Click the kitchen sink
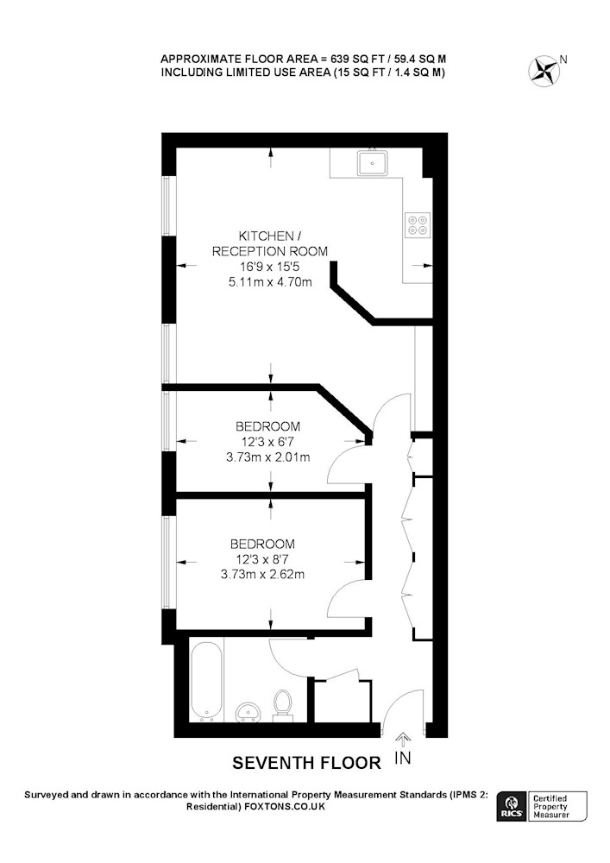(373, 162)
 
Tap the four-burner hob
(418, 224)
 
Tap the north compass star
(544, 71)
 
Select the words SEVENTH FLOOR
(306, 763)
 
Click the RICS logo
(511, 806)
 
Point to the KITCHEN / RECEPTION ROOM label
(269, 243)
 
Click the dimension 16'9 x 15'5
(269, 267)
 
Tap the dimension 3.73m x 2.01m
(267, 457)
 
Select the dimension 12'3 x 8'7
(262, 559)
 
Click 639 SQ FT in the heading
(354, 59)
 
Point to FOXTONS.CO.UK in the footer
(285, 806)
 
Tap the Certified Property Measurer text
(550, 806)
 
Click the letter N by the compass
(563, 59)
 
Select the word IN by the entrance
(403, 758)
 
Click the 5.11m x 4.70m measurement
(270, 282)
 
